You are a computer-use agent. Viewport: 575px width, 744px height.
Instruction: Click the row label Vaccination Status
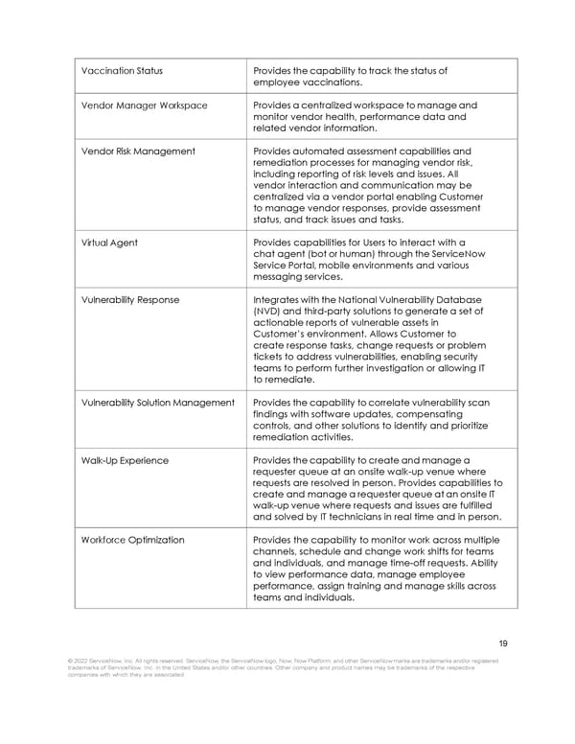click(122, 71)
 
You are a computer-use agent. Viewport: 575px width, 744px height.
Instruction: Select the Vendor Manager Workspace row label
click(144, 105)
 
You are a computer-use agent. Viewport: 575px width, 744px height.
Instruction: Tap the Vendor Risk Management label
click(138, 151)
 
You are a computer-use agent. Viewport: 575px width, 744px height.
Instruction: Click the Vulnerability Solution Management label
click(157, 403)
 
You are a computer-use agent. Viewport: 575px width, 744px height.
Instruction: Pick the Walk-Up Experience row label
click(125, 460)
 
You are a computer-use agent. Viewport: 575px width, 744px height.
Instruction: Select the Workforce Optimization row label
click(132, 540)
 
